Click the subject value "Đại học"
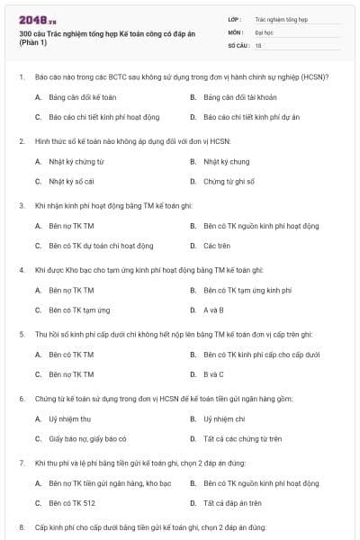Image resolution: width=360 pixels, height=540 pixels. click(265, 31)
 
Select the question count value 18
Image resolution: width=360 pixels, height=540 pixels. click(258, 44)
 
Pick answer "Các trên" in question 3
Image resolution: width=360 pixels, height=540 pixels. click(215, 246)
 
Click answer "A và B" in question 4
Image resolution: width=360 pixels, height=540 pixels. click(212, 310)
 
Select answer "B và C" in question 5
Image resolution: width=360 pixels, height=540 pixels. click(212, 374)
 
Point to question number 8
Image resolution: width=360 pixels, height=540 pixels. click(22, 526)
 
